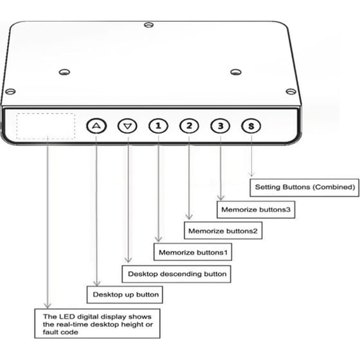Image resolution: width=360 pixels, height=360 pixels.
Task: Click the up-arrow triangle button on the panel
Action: point(96,126)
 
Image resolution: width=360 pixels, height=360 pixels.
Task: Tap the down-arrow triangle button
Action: point(127,126)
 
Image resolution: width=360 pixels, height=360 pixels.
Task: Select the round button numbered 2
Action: point(189,126)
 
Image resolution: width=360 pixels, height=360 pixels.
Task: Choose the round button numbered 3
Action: point(220,126)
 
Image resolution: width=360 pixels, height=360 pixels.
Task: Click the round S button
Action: point(251,126)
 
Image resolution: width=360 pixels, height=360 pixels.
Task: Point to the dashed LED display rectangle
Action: point(46,113)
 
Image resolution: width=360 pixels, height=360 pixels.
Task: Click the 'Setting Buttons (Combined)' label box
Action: point(305,187)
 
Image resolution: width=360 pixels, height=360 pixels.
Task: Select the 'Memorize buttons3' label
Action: point(256,210)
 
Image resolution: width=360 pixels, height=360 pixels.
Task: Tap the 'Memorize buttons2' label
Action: point(223,231)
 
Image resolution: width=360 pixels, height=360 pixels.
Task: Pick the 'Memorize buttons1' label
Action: point(193,252)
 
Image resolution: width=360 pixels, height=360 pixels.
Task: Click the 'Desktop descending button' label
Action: point(176,274)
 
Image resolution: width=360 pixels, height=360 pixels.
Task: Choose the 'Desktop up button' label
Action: point(125,294)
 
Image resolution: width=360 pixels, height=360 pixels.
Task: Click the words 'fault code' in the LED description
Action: point(60,332)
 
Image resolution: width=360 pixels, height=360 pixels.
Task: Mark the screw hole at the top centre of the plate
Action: point(148,24)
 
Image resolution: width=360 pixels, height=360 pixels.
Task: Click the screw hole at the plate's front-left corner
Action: point(10,91)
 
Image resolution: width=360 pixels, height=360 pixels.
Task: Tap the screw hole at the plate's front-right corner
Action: point(291,91)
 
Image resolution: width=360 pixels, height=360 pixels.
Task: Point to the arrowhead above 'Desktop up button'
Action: point(97,283)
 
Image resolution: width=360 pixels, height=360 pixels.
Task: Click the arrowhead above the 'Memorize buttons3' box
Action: point(221,197)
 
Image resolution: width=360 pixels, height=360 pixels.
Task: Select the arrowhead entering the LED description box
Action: point(48,305)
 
